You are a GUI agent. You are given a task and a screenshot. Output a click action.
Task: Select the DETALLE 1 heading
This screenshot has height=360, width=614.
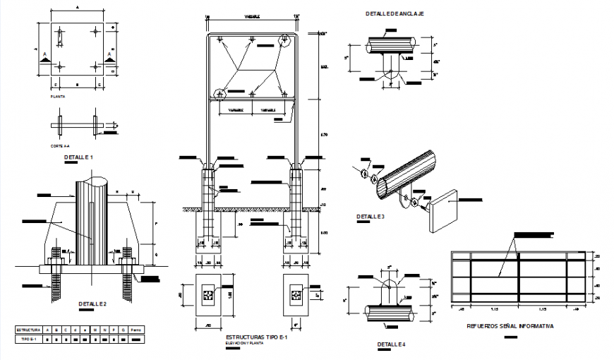coord(78,156)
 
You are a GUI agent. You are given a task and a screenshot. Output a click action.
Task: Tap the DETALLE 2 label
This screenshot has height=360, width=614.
coord(92,304)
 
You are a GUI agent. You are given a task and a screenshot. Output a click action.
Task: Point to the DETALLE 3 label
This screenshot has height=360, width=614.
coord(371,216)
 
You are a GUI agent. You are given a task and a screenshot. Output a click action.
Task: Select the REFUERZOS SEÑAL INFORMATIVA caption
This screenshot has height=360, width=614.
coord(510,327)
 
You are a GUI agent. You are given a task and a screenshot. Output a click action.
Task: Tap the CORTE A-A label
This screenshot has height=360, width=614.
coord(60,145)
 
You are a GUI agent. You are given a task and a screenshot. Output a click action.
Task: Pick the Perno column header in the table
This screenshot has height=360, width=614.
coord(136,330)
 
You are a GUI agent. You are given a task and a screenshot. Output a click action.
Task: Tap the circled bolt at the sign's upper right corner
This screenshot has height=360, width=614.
coord(286,41)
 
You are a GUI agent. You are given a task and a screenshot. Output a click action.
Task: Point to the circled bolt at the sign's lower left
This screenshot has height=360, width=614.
coord(220,93)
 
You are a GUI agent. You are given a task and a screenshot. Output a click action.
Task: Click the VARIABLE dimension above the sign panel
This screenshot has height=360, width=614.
coord(251,14)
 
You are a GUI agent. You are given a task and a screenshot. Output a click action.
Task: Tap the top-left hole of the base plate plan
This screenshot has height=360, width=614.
coord(60,32)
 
